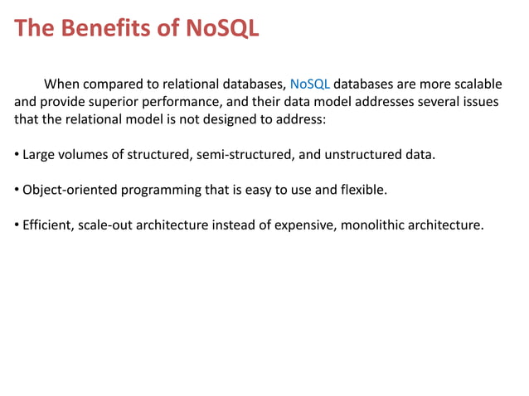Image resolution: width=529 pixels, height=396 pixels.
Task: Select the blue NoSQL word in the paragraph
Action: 310,84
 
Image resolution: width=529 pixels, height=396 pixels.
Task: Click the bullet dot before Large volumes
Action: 17,155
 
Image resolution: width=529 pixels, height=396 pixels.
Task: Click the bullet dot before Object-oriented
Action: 17,191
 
